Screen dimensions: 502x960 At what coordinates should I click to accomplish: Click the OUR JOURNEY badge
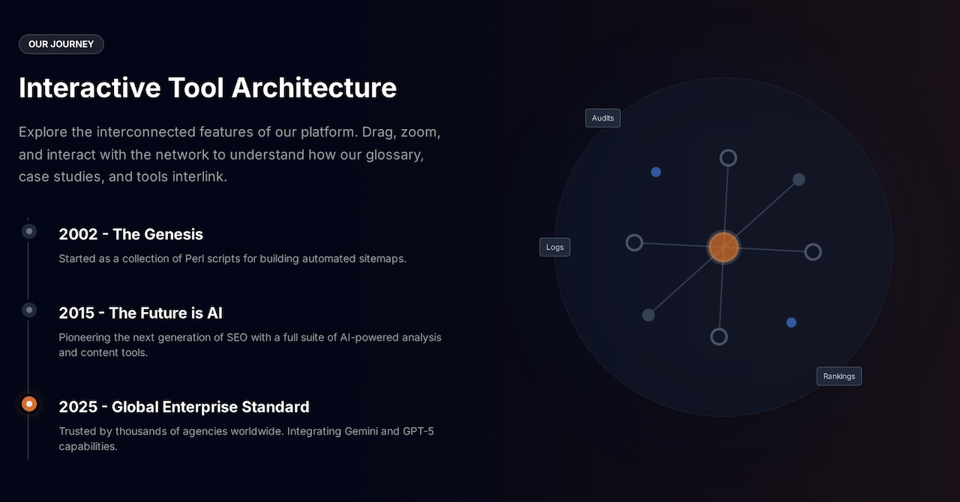(x=61, y=44)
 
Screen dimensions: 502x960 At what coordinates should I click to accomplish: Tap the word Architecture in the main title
(x=314, y=88)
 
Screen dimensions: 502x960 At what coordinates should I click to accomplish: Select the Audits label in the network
(x=603, y=119)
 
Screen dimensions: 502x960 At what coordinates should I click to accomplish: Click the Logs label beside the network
(x=555, y=248)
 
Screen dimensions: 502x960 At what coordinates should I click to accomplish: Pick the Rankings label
(x=838, y=376)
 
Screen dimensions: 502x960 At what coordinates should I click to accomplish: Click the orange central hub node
(x=724, y=247)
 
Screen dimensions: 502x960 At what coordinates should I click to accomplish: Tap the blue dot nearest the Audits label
(x=656, y=172)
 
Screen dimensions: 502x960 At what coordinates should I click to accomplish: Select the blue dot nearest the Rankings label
(x=791, y=323)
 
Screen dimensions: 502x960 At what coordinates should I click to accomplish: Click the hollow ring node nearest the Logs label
(x=634, y=242)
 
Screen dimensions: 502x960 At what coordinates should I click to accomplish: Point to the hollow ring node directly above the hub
(x=728, y=158)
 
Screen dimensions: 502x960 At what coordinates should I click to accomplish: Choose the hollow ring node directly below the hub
(x=719, y=336)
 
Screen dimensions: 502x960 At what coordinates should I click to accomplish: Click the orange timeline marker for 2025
(x=29, y=404)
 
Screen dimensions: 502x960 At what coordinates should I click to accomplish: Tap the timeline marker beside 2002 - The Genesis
(x=29, y=231)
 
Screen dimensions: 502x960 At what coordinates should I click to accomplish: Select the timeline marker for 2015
(x=29, y=310)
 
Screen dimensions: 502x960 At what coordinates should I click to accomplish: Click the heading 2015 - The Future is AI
(x=140, y=313)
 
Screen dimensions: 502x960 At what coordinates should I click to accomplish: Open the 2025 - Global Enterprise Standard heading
(x=184, y=407)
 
